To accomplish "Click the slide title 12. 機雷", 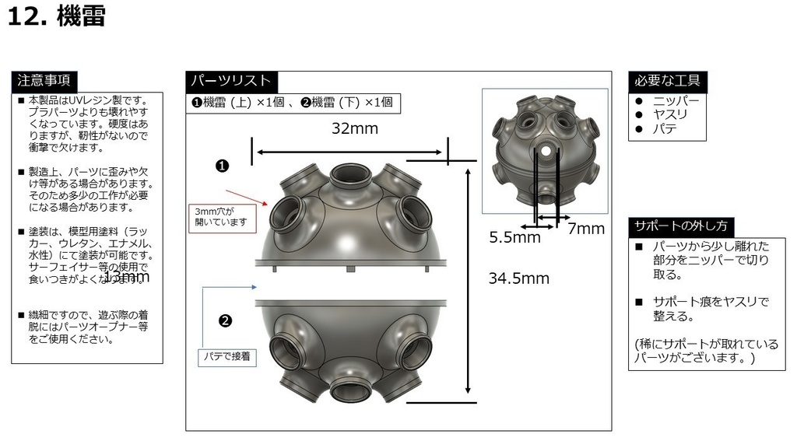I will coord(57,17).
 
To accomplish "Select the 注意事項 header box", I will coord(44,80).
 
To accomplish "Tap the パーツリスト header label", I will coord(231,80).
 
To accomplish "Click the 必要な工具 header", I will coord(667,80).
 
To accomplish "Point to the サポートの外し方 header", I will coord(681,226).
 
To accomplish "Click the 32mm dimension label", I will coord(354,129).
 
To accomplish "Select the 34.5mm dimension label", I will coord(518,278).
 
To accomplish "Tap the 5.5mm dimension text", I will coord(514,238).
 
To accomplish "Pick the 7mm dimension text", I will coord(585,229).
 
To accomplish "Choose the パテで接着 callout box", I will coord(225,356).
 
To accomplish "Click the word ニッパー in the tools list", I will coord(676,101).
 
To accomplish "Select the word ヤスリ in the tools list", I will coord(670,114).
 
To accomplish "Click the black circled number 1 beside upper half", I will coord(222,166).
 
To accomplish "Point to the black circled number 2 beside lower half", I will coord(225,320).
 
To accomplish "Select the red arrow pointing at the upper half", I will coord(247,198).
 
